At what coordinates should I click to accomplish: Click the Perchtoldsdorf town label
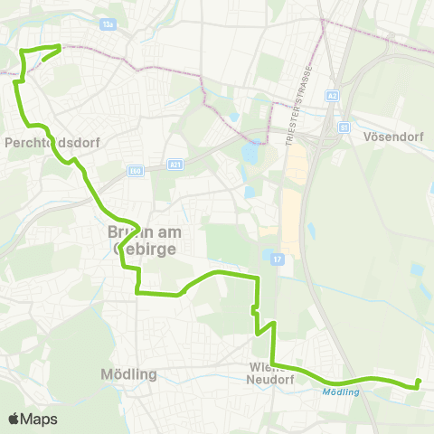(x=52, y=142)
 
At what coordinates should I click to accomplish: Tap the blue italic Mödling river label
(x=341, y=392)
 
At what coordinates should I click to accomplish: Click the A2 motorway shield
(x=333, y=94)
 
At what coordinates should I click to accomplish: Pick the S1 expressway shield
(x=344, y=127)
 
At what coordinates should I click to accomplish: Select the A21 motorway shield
(x=175, y=165)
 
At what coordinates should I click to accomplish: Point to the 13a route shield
(x=108, y=26)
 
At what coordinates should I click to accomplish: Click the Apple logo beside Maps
(x=14, y=419)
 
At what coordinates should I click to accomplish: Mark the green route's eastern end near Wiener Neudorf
(x=418, y=382)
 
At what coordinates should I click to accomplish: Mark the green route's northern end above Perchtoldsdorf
(x=60, y=46)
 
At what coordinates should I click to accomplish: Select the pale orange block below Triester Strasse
(x=292, y=222)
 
